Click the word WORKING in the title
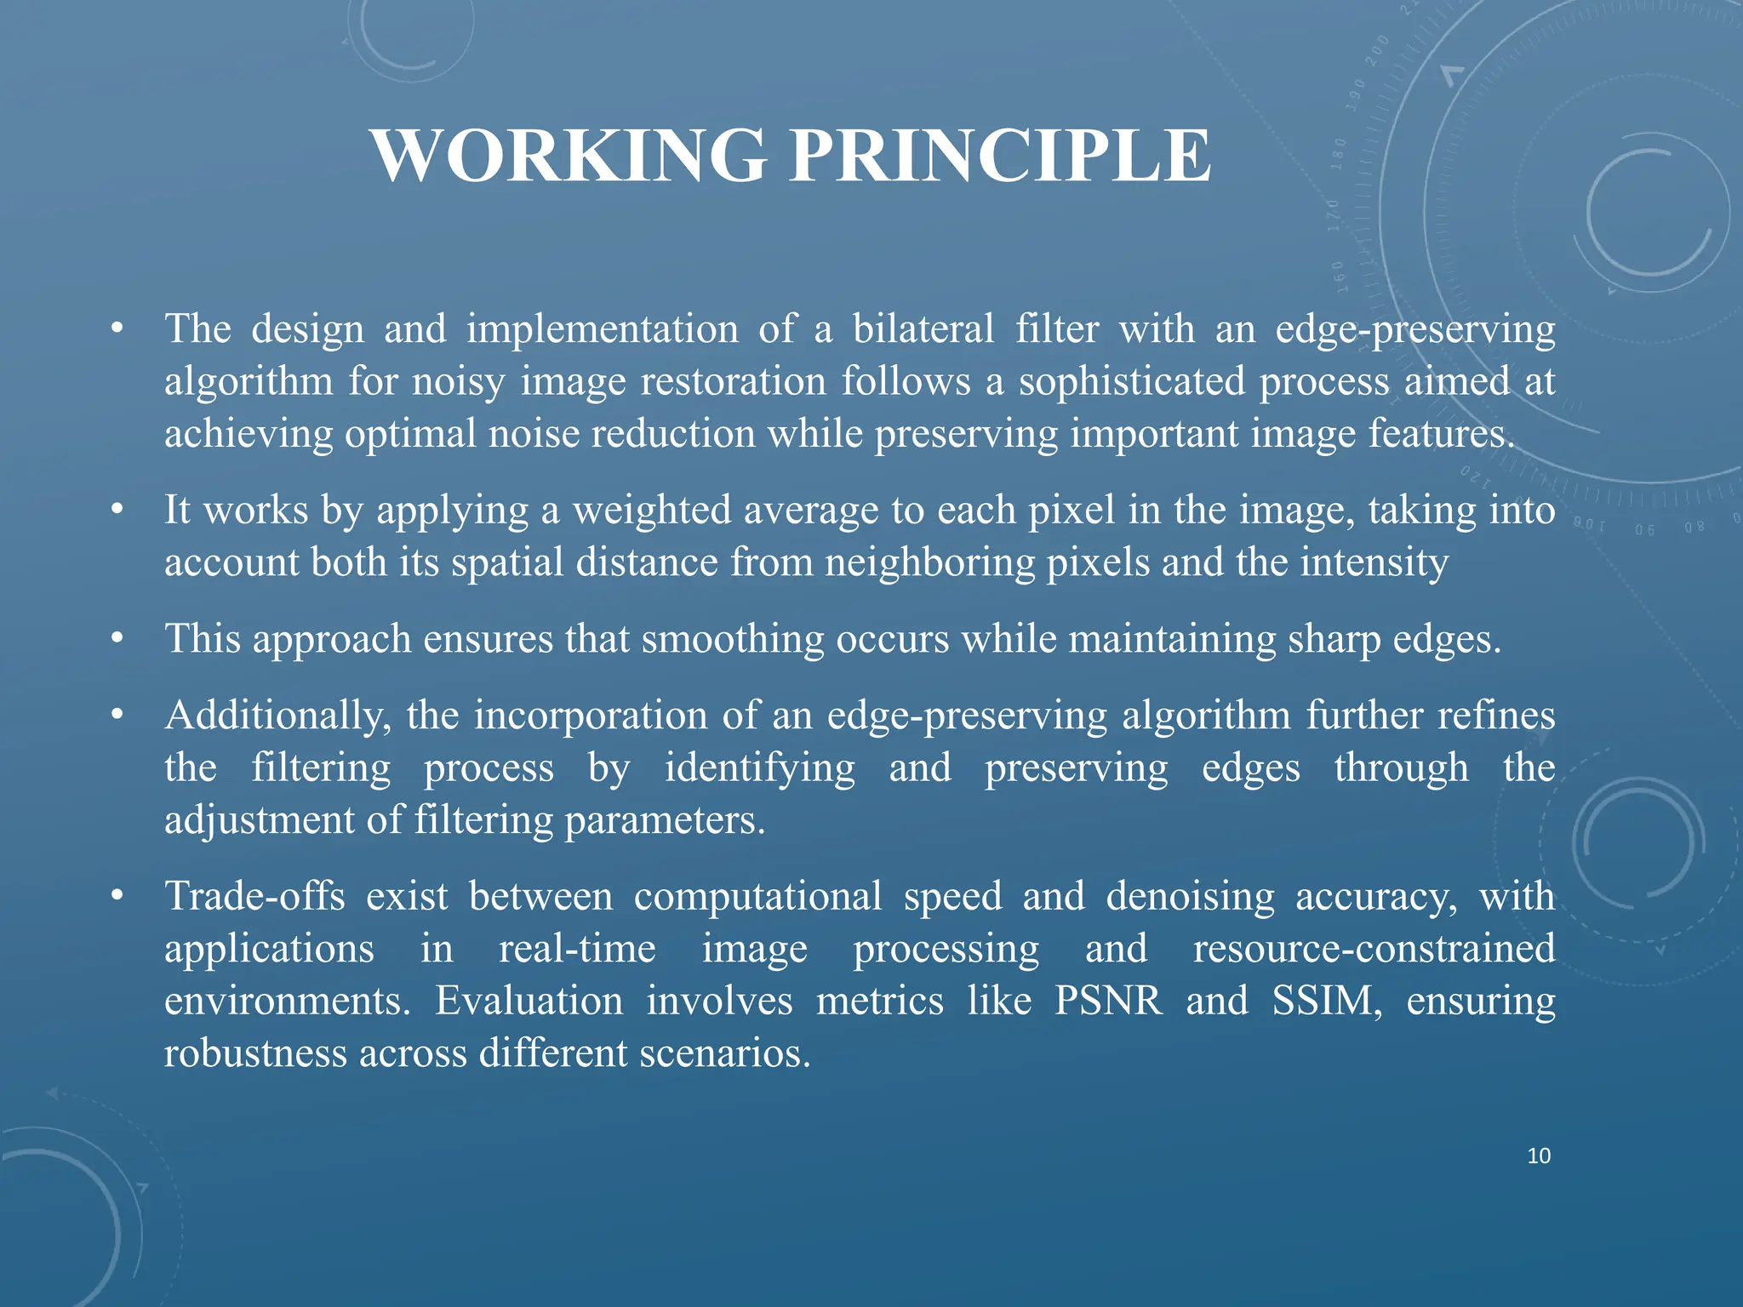coord(569,156)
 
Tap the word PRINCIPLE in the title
coord(1001,156)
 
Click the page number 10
coord(1539,1156)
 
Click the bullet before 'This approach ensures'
coord(117,639)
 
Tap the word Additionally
coord(277,716)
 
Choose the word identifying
coord(759,768)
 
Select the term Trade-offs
coord(254,897)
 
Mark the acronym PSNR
coord(1107,1001)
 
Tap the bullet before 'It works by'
coord(117,511)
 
